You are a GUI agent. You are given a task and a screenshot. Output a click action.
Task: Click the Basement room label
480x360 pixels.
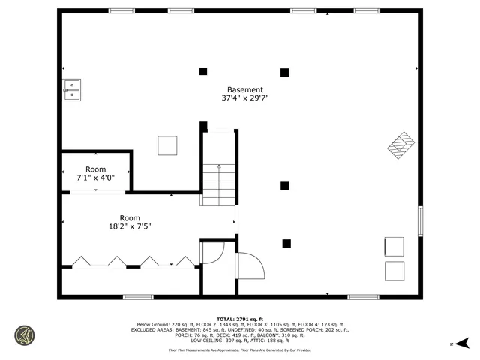click(245, 89)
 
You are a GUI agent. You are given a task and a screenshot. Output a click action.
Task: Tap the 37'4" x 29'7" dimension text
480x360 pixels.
click(245, 98)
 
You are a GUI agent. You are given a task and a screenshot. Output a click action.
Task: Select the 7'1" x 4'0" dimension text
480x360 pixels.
click(95, 178)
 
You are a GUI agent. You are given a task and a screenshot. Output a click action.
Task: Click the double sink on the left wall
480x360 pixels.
click(71, 90)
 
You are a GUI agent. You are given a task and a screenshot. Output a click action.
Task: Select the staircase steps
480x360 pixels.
click(218, 185)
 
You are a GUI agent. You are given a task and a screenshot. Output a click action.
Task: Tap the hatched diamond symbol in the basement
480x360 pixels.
click(401, 145)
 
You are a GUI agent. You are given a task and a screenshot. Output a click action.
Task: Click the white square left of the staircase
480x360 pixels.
click(167, 145)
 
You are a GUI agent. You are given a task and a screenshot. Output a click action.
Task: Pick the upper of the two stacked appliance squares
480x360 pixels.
click(394, 247)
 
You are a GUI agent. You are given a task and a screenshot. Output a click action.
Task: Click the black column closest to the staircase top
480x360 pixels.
click(203, 126)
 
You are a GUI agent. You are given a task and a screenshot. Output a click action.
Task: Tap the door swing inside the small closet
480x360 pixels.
click(211, 252)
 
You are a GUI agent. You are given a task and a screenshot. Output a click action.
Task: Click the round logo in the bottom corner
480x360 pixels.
click(25, 335)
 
